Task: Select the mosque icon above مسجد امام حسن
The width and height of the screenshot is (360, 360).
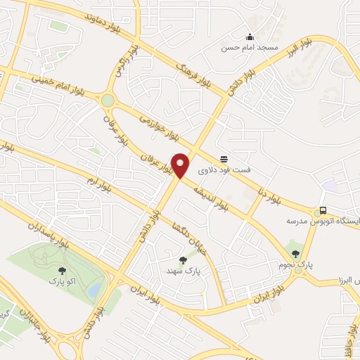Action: pos(249,37)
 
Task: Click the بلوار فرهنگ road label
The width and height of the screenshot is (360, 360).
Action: pos(195,72)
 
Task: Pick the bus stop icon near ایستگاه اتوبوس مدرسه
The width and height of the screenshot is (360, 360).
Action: pos(323,210)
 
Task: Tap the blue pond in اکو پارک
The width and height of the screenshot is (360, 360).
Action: pos(94,288)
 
